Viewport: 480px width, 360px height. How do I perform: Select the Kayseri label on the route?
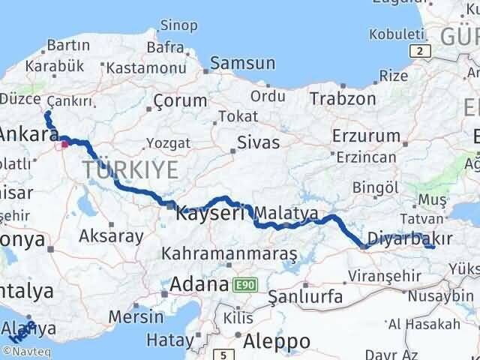point(211,214)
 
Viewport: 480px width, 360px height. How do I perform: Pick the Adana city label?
point(199,285)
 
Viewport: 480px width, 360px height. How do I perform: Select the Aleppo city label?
point(277,340)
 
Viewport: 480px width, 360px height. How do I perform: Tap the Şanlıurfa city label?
point(306,297)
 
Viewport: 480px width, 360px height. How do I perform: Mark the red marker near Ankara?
point(65,145)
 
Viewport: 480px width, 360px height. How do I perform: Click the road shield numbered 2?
point(421,50)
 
